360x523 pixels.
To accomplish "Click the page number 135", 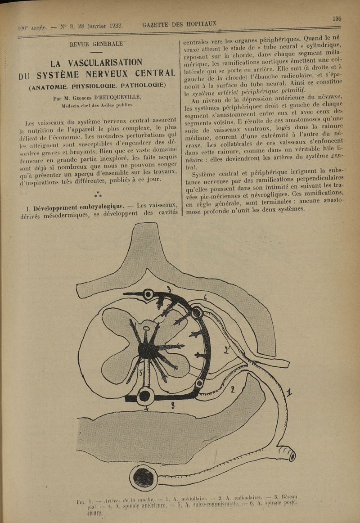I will click(x=337, y=18).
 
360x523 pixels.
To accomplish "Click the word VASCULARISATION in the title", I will click(x=103, y=62).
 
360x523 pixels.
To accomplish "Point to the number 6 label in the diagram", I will click(x=205, y=298).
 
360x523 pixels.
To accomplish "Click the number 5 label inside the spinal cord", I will click(x=141, y=372).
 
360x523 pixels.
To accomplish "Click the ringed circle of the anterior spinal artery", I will click(x=145, y=396).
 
